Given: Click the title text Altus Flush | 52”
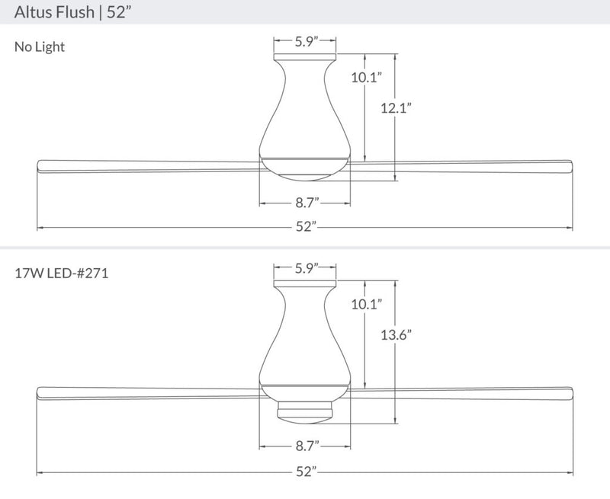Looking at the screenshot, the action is tap(73, 12).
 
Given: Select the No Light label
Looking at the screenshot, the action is tap(40, 47).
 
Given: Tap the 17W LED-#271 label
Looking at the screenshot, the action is tap(62, 273).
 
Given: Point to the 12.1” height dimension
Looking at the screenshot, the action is tap(396, 107).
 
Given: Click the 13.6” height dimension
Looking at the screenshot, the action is tap(396, 334).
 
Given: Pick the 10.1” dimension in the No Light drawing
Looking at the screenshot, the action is tap(367, 78).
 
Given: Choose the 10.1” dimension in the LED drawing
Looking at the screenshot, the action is tap(367, 304).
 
